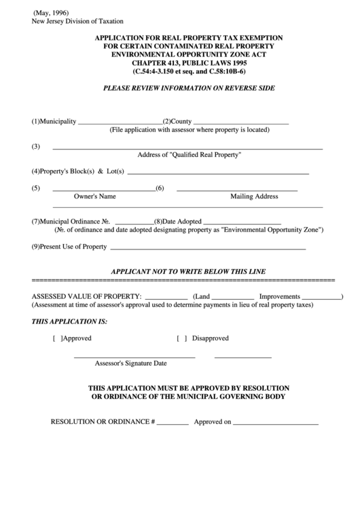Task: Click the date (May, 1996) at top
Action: point(52,13)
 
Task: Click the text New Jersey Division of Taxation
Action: point(77,22)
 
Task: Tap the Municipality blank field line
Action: point(120,123)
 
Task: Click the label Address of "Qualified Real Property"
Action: point(190,155)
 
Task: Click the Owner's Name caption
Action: point(94,196)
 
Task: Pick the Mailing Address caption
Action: point(254,196)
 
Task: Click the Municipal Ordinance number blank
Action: point(134,223)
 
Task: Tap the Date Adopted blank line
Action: point(242,223)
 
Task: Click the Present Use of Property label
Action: point(69,246)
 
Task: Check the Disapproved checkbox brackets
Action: point(182,338)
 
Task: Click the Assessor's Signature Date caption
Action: point(130,363)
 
